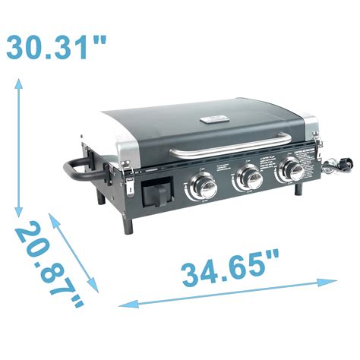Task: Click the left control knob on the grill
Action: point(203,185)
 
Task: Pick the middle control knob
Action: point(248,178)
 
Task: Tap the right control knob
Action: point(289,169)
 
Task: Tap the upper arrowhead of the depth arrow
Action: point(53,217)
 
